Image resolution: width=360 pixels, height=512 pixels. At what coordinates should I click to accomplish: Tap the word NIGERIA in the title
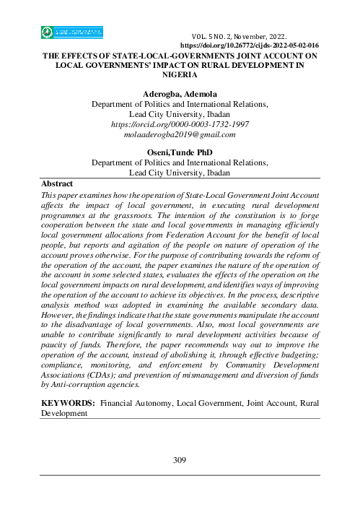pyautogui.click(x=180, y=73)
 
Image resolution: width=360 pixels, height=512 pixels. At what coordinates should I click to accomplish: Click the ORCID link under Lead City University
pyautogui.click(x=180, y=125)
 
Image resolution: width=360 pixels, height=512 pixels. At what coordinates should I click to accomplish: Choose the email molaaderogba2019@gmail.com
pyautogui.click(x=180, y=135)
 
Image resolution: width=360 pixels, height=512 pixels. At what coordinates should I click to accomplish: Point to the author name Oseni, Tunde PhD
pyautogui.click(x=180, y=152)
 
